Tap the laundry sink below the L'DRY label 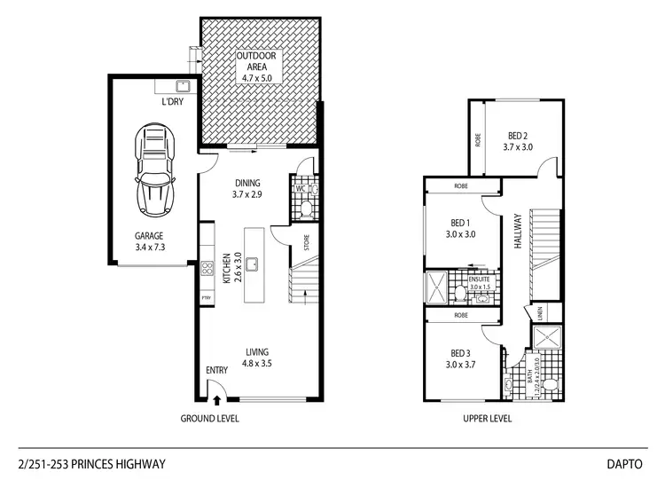(184, 86)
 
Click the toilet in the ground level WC (303, 209)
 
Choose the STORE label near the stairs (306, 242)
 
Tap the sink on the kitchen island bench (253, 264)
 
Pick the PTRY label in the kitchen (206, 297)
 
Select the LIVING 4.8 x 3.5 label (258, 357)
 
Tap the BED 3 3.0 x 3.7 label (460, 356)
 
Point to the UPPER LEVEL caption (488, 419)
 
